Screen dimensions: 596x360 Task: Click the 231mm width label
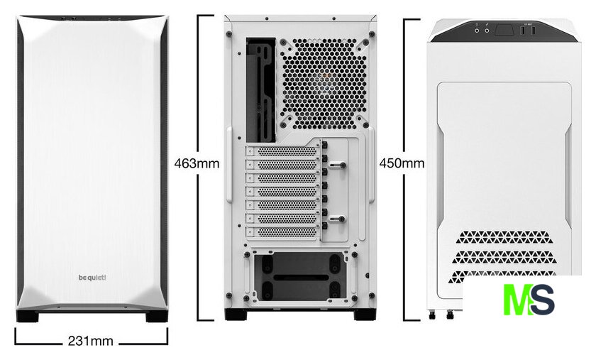[91, 341]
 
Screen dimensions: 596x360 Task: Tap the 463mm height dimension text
[197, 163]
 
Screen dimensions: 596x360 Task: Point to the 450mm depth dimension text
[402, 163]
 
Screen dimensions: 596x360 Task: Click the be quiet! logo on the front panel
[92, 278]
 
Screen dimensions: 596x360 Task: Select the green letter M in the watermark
[518, 299]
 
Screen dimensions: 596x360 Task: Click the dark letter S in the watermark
[543, 299]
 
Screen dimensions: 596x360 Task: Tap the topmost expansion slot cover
[282, 151]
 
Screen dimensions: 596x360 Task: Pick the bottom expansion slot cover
[282, 231]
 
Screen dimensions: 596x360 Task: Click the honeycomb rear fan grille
[324, 83]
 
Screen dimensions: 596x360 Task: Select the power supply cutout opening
[300, 276]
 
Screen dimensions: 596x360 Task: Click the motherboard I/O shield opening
[261, 89]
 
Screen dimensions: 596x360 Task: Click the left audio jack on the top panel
[477, 31]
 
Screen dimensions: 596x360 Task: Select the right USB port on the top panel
[533, 31]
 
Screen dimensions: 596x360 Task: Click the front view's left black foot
[28, 316]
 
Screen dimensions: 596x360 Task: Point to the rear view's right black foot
[365, 315]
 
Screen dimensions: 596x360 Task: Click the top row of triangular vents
[503, 237]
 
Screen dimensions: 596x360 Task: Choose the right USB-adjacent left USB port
[524, 31]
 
